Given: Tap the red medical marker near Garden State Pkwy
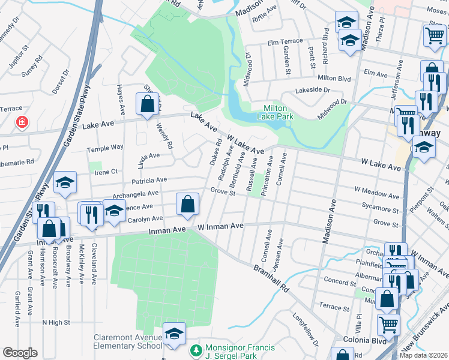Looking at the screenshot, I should click(x=22, y=122).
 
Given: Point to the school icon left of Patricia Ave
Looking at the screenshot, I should click(x=65, y=184).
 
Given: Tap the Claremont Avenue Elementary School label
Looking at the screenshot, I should click(x=127, y=342).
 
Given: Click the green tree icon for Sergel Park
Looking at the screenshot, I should click(x=194, y=349).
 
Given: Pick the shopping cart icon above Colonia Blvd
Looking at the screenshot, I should click(x=388, y=325).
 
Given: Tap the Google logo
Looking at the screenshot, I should click(x=20, y=353).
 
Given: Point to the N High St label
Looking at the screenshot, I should click(x=56, y=322).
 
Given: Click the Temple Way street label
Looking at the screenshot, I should click(x=105, y=148).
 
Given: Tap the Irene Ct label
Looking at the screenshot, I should click(x=106, y=172).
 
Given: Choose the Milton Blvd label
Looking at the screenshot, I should click(x=334, y=78).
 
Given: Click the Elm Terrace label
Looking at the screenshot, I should click(x=285, y=42).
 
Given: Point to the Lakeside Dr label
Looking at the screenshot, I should click(x=312, y=90).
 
